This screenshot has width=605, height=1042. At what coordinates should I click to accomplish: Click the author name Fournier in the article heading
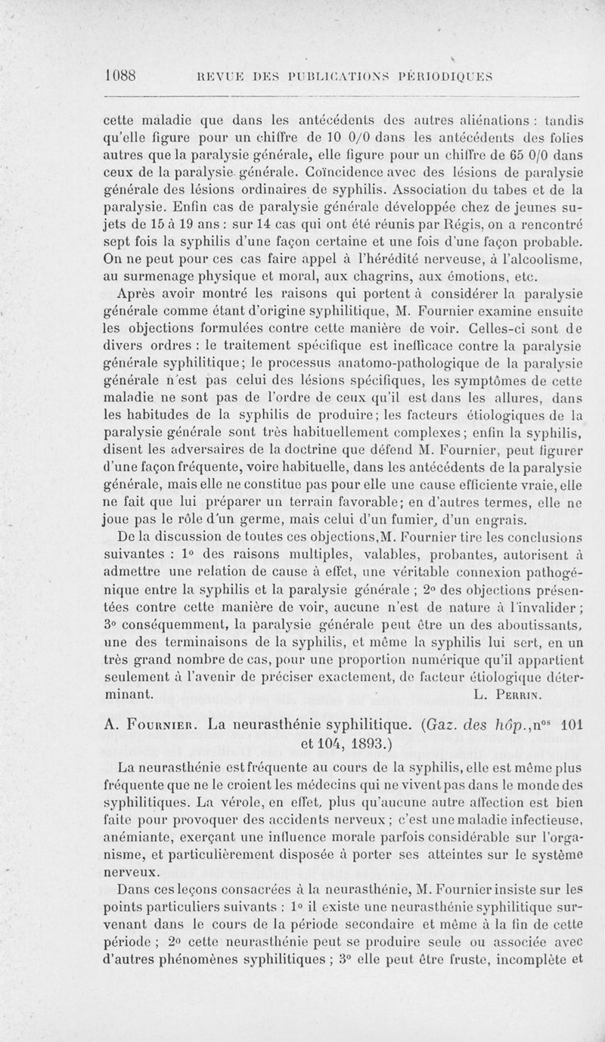tap(156, 726)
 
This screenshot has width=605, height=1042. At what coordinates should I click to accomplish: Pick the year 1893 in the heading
tap(346, 746)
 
